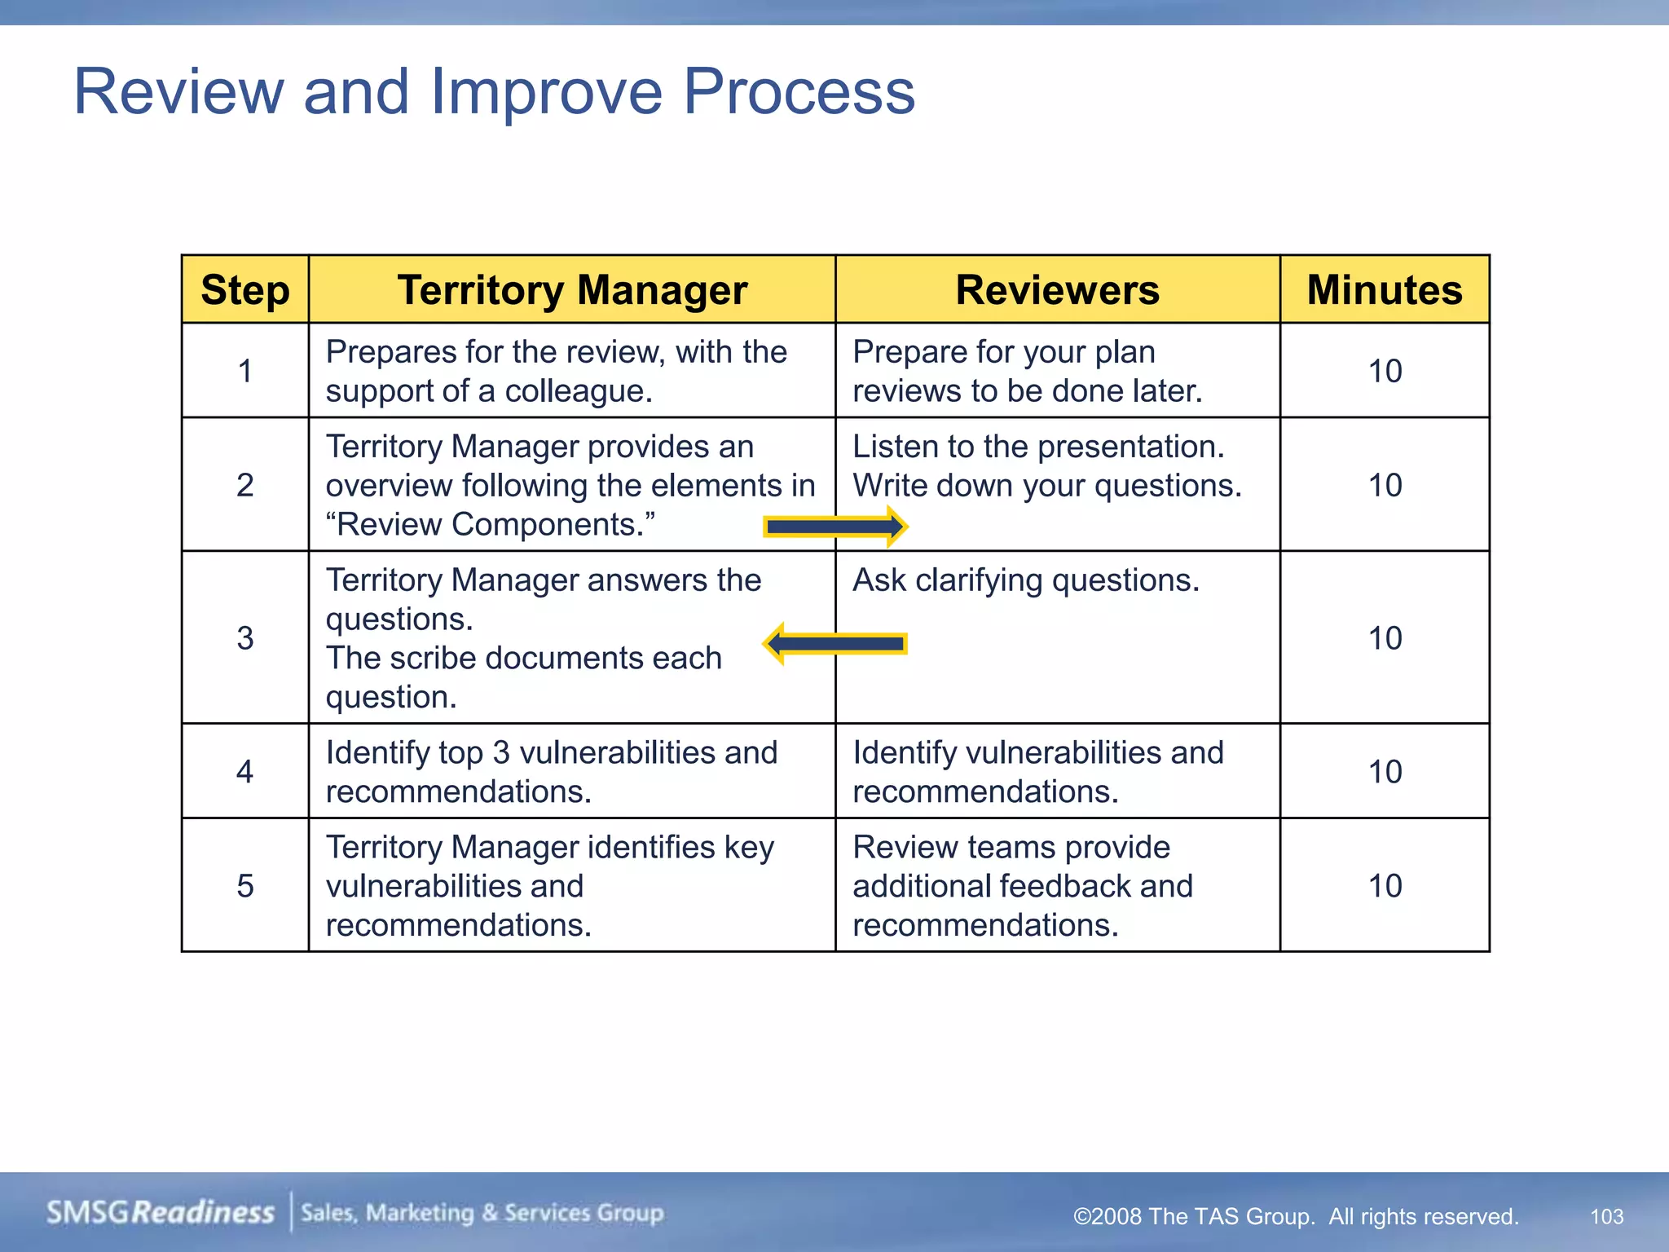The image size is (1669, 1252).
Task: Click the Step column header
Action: point(244,290)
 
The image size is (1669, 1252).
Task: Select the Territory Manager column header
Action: point(572,290)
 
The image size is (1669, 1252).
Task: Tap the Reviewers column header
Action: point(1057,290)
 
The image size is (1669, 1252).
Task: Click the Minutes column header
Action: point(1385,290)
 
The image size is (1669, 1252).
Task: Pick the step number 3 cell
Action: point(244,638)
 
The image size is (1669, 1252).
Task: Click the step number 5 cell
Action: point(244,886)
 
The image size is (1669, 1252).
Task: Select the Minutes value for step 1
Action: point(1385,372)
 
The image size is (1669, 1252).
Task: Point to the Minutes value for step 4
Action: point(1385,772)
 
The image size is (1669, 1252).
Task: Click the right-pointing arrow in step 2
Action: point(835,527)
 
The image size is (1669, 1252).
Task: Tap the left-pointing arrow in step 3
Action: point(835,644)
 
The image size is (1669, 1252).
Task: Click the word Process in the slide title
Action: point(799,91)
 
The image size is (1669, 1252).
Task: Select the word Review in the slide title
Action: point(178,91)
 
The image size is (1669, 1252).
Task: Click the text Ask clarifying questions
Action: point(1026,580)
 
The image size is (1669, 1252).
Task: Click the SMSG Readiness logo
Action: point(161,1213)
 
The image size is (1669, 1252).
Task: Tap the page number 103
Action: point(1606,1217)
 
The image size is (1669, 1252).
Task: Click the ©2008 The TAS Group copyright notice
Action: point(1296,1217)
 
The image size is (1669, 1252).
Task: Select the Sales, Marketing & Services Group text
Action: point(482,1213)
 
